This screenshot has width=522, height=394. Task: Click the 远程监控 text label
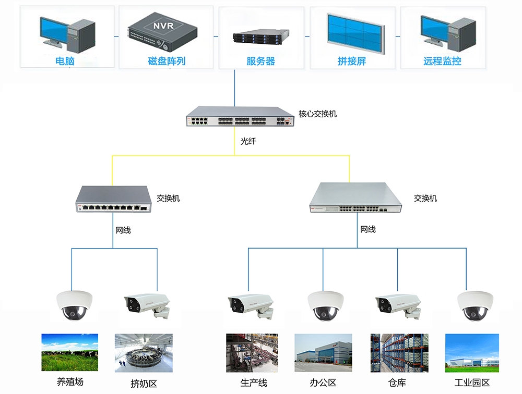[442, 61]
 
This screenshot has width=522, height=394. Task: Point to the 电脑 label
[65, 61]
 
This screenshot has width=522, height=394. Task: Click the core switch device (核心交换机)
[240, 117]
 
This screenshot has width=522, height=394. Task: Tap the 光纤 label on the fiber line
[248, 141]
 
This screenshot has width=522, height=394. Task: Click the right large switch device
[356, 199]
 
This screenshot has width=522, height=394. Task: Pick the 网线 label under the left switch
[123, 230]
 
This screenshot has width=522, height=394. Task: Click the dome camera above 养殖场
[75, 305]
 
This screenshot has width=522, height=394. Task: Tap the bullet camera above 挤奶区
[147, 305]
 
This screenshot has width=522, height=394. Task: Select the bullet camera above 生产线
[251, 305]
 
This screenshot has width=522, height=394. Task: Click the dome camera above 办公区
[325, 305]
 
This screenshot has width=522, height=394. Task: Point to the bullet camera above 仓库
[398, 305]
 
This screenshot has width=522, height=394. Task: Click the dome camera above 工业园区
[475, 305]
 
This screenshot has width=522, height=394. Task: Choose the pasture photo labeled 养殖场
[69, 353]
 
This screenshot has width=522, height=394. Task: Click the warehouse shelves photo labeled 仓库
[399, 353]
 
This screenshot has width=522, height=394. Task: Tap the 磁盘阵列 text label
[167, 61]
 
